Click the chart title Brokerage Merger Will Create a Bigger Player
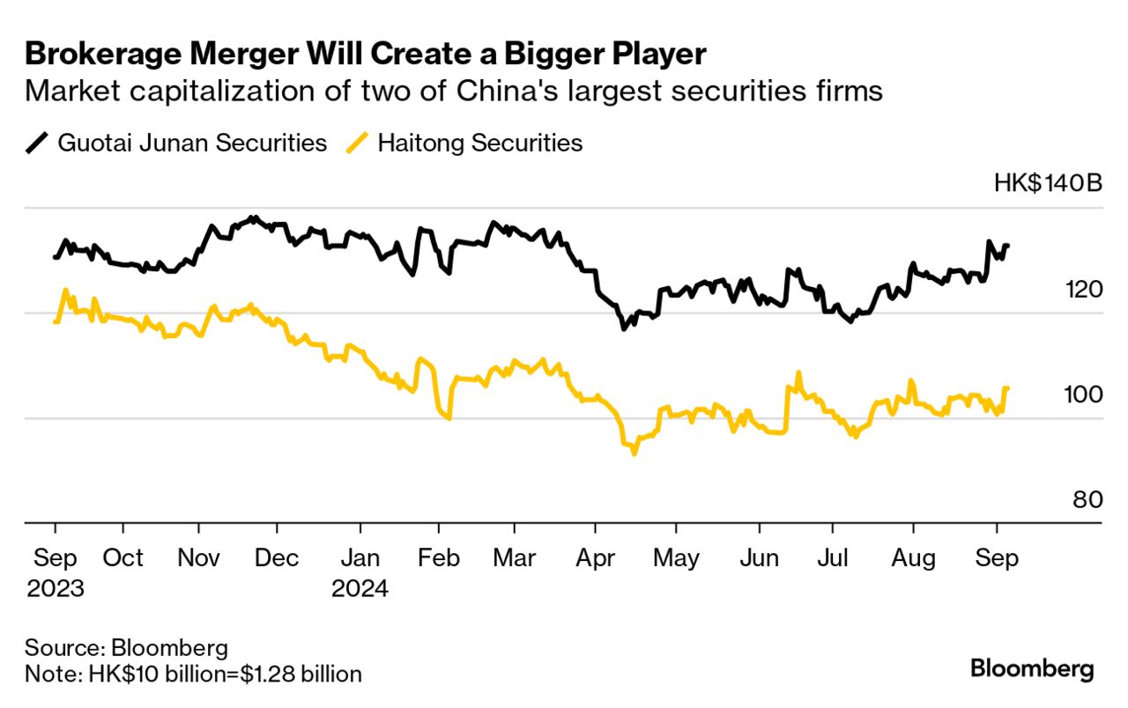365,54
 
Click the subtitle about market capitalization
453,91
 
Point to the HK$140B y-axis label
1048,184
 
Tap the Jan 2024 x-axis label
360,572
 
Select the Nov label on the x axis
199,558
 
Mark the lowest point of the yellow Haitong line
633,453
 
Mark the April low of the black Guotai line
623,328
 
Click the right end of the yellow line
1007,388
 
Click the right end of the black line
1007,246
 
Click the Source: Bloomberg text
126,649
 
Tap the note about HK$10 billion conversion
193,675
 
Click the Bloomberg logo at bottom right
1032,668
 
